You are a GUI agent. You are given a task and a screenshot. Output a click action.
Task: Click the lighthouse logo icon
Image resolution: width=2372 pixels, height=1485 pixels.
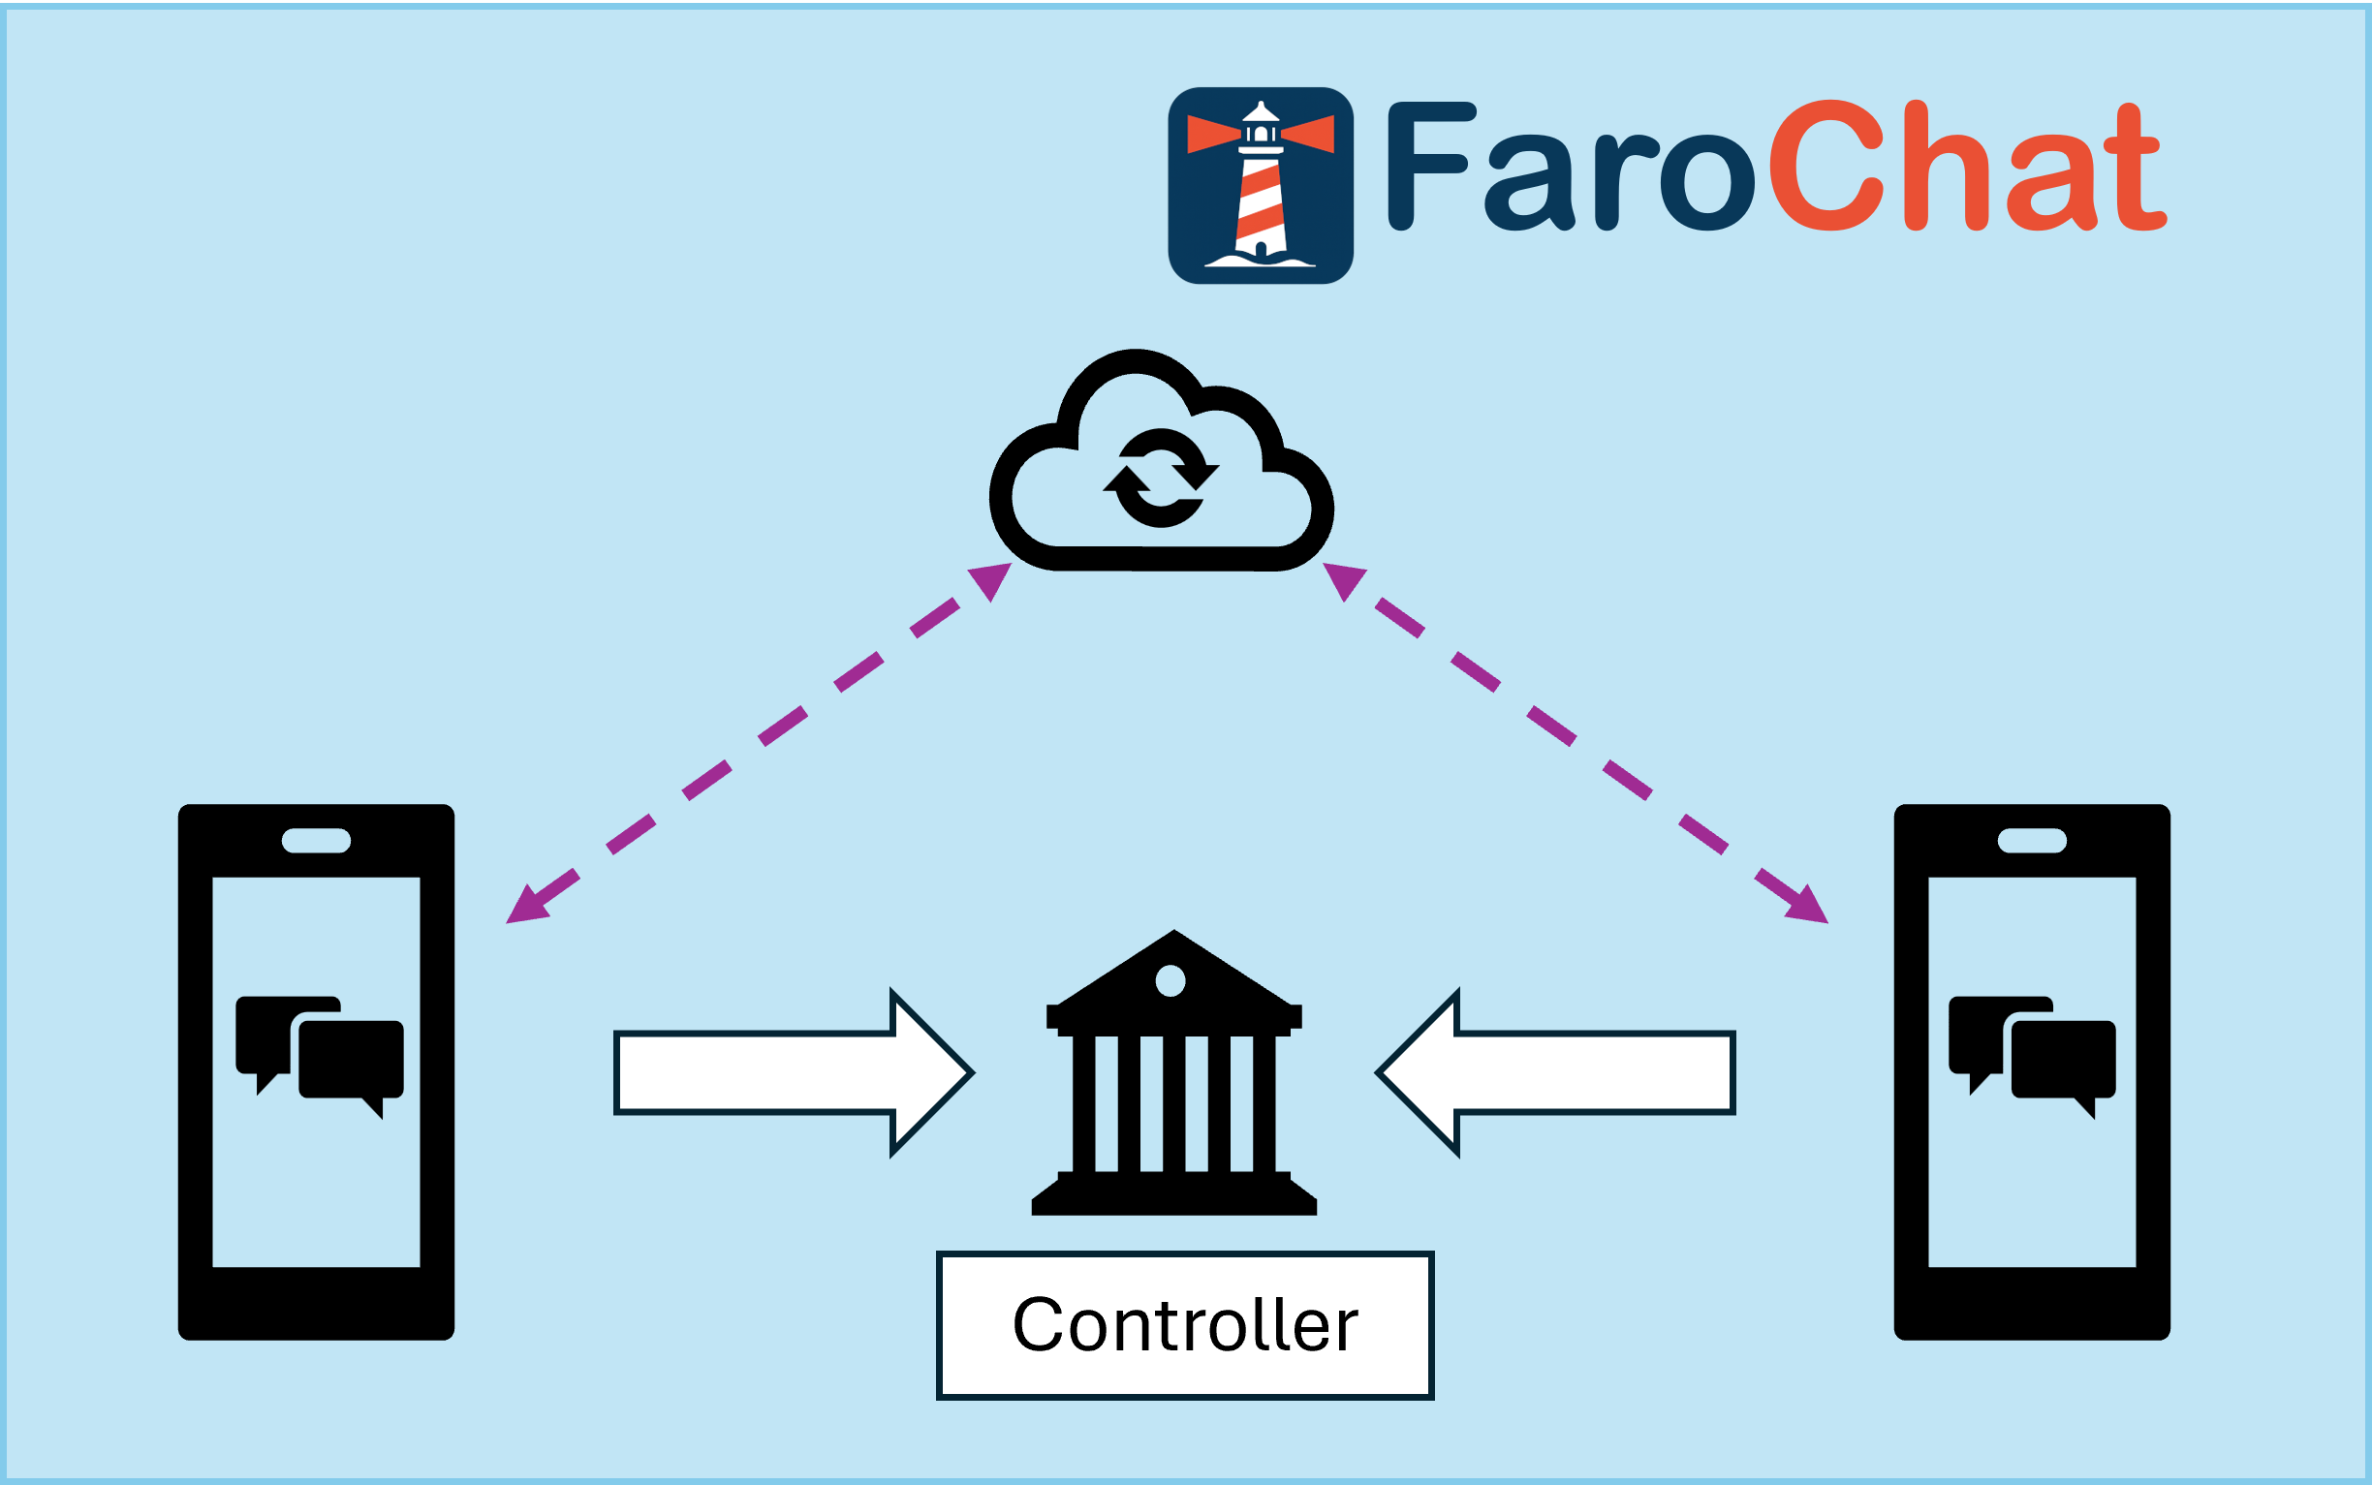(x=1261, y=186)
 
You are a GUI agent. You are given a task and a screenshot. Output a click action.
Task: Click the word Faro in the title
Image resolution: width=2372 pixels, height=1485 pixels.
(x=1571, y=167)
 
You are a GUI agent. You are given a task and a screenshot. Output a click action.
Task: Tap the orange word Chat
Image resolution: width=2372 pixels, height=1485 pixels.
(x=1968, y=166)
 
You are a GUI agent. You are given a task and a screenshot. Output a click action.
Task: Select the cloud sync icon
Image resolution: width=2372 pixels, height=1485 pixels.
(x=1161, y=459)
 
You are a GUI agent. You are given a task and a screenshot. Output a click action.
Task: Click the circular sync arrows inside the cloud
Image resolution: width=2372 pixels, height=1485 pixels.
(x=1161, y=478)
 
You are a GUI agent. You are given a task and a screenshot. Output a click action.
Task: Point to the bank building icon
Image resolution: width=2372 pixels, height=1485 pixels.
(x=1173, y=1072)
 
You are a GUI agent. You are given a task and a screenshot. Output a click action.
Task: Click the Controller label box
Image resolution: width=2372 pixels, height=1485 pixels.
(x=1185, y=1326)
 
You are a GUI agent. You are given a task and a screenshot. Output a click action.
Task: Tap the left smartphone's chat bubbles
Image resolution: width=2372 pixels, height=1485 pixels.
(x=319, y=1058)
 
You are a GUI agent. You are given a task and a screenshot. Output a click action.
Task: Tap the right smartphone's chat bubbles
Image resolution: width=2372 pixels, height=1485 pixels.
(x=2032, y=1058)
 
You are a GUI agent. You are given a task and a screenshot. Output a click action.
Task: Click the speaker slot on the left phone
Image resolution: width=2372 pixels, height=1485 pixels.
(x=316, y=841)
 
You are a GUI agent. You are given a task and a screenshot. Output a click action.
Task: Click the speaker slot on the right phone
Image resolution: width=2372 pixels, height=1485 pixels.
(x=2032, y=841)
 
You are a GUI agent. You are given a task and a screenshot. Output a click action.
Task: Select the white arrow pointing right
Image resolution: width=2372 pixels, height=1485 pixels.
(x=794, y=1073)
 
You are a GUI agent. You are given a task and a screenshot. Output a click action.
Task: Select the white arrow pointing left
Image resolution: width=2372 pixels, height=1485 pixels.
(x=1555, y=1073)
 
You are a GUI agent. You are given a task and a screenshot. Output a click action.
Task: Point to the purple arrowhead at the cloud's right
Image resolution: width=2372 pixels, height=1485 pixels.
(x=1345, y=580)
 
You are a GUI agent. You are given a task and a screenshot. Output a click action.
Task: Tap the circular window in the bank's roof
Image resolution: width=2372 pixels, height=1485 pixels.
(x=1170, y=980)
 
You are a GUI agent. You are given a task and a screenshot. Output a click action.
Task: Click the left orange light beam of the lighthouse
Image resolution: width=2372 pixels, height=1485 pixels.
(x=1214, y=134)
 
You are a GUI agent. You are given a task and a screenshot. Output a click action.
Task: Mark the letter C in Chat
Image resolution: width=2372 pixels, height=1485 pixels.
(x=1826, y=166)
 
